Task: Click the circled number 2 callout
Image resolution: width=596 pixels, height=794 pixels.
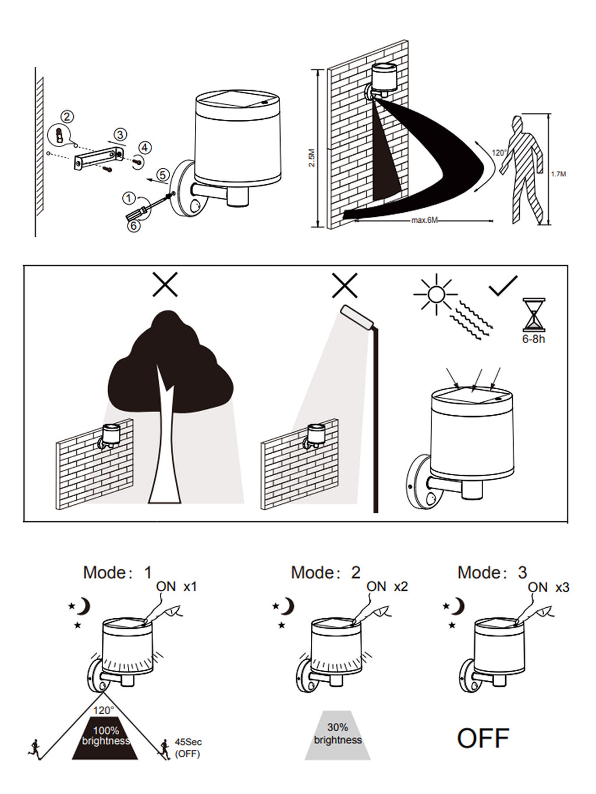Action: (68, 117)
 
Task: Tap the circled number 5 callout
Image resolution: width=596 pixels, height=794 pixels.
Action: (163, 175)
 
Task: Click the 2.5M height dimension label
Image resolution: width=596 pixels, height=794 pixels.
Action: (311, 158)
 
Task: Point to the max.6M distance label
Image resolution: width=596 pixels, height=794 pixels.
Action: (424, 220)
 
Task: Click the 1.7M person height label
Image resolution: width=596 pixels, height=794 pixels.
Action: (558, 174)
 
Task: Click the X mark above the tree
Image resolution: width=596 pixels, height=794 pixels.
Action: (165, 285)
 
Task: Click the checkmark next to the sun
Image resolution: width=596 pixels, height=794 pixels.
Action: (503, 286)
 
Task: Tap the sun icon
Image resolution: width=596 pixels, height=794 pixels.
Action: (436, 294)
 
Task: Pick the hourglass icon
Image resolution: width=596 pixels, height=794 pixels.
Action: (534, 315)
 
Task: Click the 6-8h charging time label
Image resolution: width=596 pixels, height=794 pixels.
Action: (533, 339)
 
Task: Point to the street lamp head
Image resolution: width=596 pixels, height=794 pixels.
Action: (357, 317)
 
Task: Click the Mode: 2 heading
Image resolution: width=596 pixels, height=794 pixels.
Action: (326, 572)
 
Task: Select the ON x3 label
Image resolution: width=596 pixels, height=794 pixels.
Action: (548, 588)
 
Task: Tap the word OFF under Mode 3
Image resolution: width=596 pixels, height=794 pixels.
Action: (483, 738)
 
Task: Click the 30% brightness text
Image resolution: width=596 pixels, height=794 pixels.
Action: (338, 734)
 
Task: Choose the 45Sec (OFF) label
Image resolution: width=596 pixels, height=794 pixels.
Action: (188, 747)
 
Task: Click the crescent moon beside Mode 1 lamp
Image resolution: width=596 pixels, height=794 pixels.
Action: (84, 606)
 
